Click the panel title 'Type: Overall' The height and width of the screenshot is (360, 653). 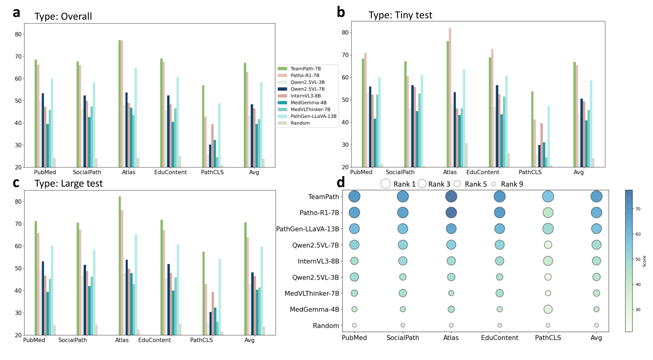(63, 16)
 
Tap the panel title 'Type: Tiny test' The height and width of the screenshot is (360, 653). (400, 15)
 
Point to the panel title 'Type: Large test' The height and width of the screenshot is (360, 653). (69, 184)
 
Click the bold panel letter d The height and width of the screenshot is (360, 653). (341, 183)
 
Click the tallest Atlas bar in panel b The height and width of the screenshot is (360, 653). (450, 98)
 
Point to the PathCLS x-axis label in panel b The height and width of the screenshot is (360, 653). (530, 172)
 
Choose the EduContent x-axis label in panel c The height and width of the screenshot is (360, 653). (155, 340)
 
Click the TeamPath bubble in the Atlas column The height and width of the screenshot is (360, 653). (451, 197)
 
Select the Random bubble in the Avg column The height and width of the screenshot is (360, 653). (596, 325)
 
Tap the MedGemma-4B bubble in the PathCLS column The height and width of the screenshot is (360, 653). (548, 309)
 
